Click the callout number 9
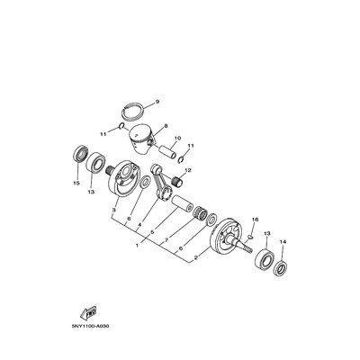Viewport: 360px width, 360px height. click(157, 102)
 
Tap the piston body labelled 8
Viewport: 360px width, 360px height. click(140, 139)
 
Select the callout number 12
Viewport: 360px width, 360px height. click(188, 170)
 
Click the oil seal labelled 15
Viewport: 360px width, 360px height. click(81, 154)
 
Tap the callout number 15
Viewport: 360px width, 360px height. click(76, 183)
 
